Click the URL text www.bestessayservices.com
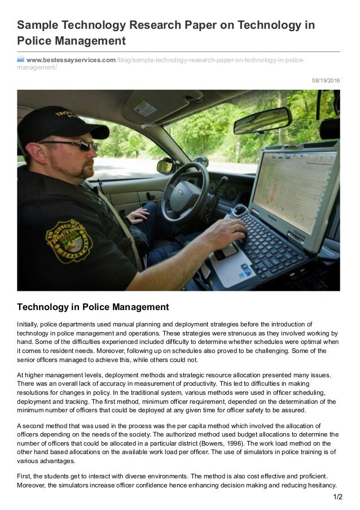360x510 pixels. click(71, 60)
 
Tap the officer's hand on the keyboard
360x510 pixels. click(231, 229)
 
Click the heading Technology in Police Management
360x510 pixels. click(93, 307)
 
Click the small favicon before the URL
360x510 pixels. click(21, 60)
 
